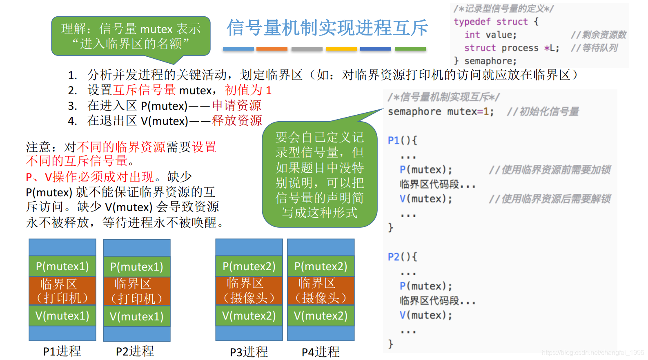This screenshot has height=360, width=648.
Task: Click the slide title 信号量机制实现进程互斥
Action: (327, 28)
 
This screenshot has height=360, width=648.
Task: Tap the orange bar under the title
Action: (272, 49)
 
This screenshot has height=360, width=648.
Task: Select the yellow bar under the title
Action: (341, 49)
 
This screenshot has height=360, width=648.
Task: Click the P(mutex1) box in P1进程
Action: (62, 266)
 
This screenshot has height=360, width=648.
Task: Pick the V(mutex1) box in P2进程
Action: (136, 316)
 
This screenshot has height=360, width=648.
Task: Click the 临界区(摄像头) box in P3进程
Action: (249, 290)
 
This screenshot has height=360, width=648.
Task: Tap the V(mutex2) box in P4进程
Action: (321, 316)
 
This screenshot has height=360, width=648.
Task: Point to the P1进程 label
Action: (62, 351)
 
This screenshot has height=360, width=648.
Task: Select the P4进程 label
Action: (321, 351)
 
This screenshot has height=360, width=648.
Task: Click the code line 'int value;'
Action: (490, 35)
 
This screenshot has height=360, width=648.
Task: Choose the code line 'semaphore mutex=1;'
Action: (441, 112)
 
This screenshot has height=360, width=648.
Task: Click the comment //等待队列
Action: (594, 48)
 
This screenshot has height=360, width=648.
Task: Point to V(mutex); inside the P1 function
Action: (426, 199)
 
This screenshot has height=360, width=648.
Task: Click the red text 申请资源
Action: (237, 105)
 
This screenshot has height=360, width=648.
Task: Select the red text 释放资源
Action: (237, 121)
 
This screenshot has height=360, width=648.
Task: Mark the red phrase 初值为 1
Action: (248, 90)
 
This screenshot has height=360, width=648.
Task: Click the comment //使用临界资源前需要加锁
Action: (550, 170)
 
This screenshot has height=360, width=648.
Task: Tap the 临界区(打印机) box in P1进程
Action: (62, 291)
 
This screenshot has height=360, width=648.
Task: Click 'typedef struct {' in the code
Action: (496, 22)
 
